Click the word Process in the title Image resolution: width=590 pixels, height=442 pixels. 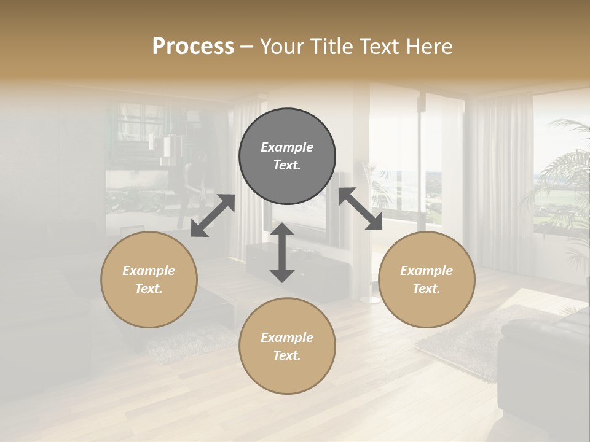193,47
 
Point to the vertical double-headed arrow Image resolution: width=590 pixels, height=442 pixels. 282,252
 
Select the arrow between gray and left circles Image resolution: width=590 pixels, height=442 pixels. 213,215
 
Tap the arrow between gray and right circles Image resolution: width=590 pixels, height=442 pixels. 360,209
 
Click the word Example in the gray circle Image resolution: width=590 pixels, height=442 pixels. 287,147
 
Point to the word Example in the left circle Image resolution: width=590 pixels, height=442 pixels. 149,271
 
